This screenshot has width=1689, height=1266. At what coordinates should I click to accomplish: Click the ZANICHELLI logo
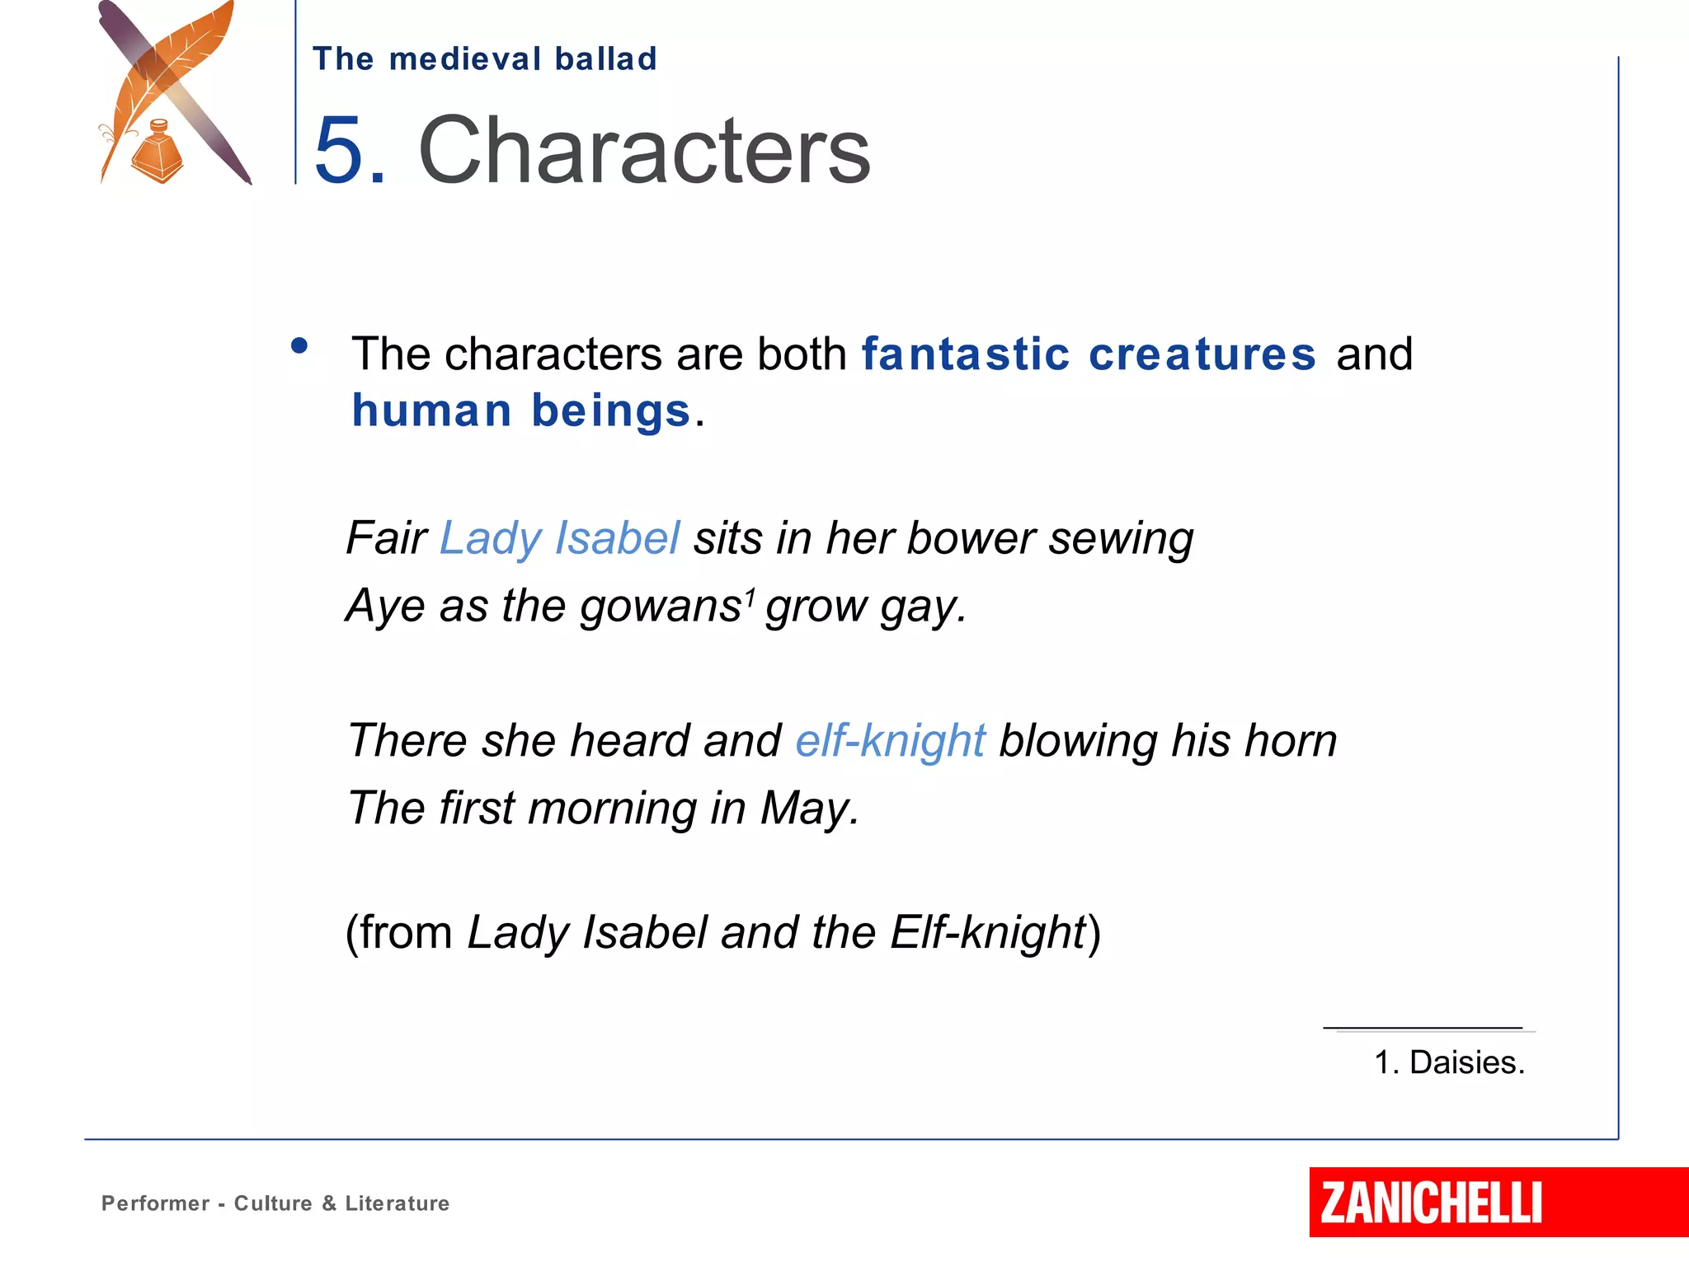point(1431,1203)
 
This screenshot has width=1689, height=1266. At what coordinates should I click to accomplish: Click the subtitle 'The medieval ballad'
point(485,59)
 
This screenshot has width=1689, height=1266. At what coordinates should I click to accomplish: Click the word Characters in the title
point(644,151)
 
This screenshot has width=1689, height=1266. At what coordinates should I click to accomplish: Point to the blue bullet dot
point(299,346)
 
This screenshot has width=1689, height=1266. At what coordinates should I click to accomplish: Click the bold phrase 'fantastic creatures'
point(1089,354)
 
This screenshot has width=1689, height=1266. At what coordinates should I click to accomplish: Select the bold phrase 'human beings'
point(521,410)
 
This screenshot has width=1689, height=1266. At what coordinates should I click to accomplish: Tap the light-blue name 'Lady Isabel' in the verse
point(560,538)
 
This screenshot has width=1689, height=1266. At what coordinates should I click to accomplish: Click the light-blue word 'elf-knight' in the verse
point(891,740)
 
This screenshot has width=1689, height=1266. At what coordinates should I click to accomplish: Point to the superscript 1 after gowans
point(750,595)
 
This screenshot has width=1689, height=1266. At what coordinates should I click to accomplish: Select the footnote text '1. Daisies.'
point(1449,1062)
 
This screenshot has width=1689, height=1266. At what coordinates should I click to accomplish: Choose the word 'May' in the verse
point(806,809)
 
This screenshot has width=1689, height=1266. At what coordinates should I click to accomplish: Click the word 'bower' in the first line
point(971,538)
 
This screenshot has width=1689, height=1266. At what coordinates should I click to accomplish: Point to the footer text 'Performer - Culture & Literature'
point(275,1203)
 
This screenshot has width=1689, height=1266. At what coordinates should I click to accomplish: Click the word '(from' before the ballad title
point(399,933)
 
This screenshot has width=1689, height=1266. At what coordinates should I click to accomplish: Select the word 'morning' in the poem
point(612,809)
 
